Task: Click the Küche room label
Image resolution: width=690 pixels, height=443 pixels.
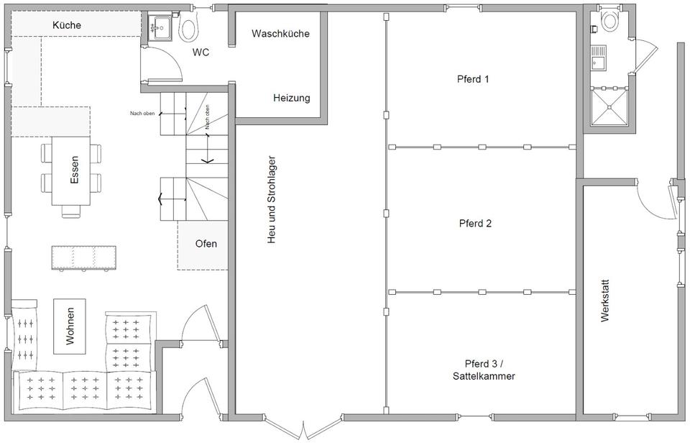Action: [x=67, y=25]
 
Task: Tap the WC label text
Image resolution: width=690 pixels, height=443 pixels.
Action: [x=201, y=52]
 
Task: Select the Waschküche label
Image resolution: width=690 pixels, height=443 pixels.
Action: [x=280, y=34]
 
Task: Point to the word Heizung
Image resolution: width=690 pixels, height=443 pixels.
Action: [x=291, y=98]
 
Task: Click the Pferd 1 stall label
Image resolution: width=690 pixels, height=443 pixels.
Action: [x=473, y=79]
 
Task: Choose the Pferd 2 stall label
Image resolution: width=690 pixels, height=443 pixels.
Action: [x=475, y=223]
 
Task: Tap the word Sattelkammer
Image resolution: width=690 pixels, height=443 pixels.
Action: [x=484, y=376]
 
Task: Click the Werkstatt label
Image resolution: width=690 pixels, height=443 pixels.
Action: [x=605, y=301]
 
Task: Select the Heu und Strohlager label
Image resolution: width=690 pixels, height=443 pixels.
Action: [x=272, y=199]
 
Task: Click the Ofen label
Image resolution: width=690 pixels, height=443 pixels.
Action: [x=206, y=244]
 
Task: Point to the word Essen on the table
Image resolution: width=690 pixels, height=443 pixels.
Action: [x=74, y=170]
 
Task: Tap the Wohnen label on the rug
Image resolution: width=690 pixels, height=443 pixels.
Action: [x=70, y=326]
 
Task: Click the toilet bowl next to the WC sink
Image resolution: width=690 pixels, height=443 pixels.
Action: [x=189, y=27]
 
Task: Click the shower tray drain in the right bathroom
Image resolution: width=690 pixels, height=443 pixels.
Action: [x=609, y=106]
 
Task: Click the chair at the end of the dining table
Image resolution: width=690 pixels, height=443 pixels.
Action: [x=71, y=211]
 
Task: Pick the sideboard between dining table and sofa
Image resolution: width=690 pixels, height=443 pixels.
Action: [x=84, y=258]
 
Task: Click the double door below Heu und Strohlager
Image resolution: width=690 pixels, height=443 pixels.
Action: [x=303, y=426]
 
